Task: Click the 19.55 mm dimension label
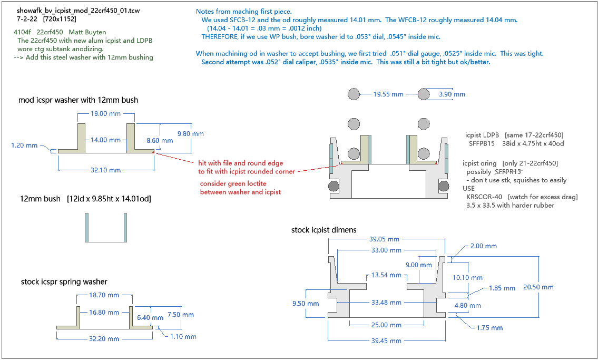coord(388,94)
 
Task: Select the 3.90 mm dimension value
coord(452,94)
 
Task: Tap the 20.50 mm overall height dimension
coord(538,287)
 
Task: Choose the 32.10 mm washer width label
coord(105,170)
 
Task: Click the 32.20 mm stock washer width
coord(105,337)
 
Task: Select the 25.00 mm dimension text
coord(386,325)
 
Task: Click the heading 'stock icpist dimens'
coord(323,230)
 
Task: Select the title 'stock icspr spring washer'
coord(64,281)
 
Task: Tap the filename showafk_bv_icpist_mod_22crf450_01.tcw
coord(78,11)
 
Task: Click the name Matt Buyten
coord(87,33)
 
